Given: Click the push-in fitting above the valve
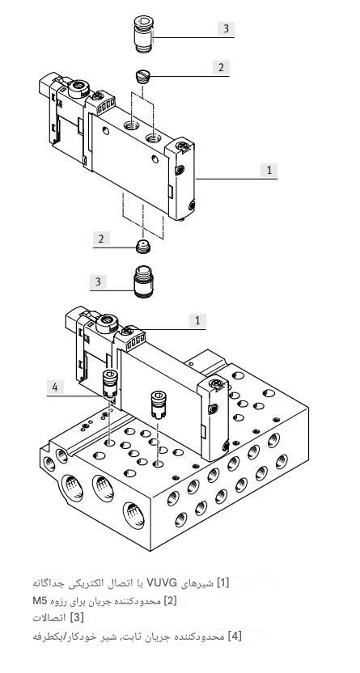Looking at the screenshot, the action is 143,34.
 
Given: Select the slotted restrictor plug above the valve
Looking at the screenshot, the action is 142,77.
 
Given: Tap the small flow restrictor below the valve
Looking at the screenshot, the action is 142,248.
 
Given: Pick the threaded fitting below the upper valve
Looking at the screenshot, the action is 142,282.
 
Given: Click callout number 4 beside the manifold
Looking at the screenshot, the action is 55,387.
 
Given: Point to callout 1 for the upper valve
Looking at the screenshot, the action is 269,170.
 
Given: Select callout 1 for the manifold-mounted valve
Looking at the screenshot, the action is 197,320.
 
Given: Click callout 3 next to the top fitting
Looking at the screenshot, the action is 226,28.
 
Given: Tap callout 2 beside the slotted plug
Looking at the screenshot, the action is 221,67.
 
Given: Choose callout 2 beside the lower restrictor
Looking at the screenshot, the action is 101,239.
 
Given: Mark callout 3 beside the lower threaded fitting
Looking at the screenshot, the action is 98,282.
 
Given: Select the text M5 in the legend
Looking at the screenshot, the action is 40,600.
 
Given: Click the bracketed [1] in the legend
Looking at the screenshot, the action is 222,583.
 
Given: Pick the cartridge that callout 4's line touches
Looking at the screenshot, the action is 109,383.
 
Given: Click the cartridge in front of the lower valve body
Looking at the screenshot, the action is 158,404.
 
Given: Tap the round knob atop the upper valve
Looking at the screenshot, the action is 78,88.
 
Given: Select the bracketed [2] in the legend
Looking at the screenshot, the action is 170,600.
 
